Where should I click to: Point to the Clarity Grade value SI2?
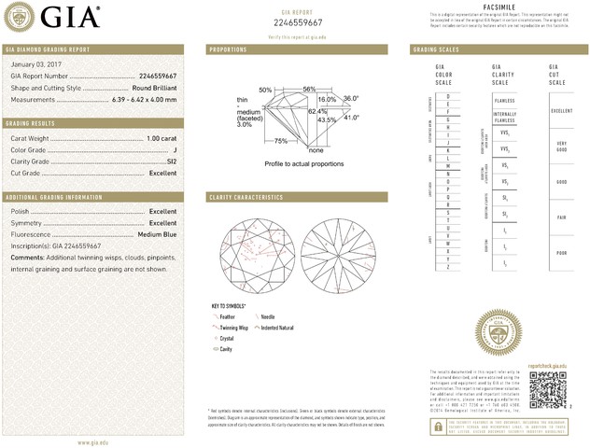170,161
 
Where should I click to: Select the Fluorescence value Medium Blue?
156,234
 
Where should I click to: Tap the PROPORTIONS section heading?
228,49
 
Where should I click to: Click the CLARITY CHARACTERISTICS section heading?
246,198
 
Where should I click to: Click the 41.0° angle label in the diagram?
351,118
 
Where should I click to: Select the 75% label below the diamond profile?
281,141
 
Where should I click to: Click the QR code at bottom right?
549,389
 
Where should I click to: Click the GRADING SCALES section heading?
435,49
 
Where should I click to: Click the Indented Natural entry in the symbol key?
277,329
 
